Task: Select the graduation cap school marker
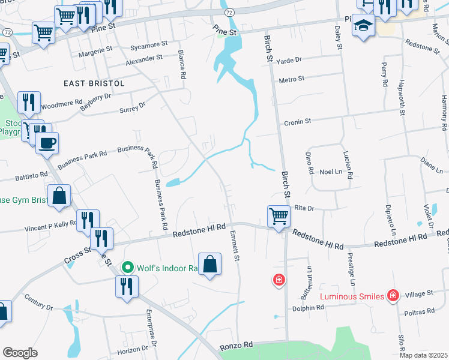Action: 363,25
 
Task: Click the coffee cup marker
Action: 47,143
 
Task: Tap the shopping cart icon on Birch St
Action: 279,215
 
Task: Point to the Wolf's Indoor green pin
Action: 127,267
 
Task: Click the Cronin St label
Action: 298,121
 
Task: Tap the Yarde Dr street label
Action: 289,60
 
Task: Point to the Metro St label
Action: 292,79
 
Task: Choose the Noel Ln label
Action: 330,172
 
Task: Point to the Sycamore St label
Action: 149,45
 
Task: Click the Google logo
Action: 20,353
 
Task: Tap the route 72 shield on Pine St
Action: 229,12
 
